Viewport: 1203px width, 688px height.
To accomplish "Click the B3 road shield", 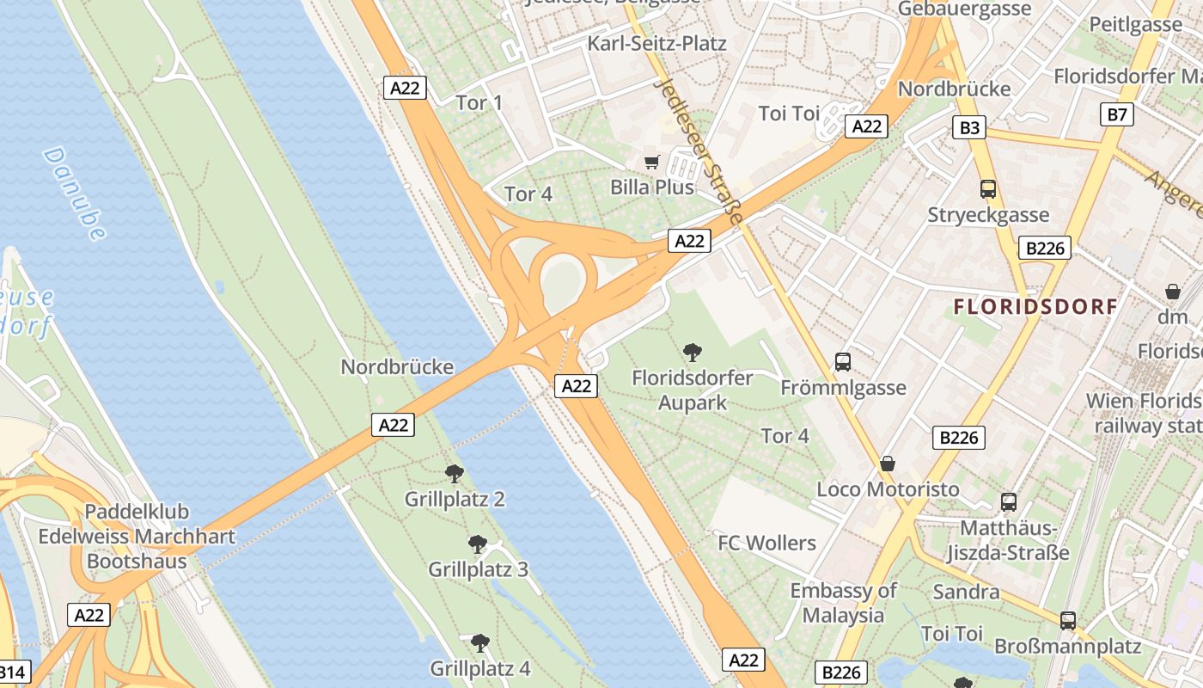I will [x=969, y=128].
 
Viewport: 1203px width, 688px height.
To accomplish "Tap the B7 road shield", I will [x=1116, y=114].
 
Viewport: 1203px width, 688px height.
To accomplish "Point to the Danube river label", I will [x=74, y=193].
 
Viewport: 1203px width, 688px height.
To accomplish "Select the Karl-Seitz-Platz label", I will [x=656, y=43].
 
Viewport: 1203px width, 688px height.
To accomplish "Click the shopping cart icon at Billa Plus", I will [x=652, y=162].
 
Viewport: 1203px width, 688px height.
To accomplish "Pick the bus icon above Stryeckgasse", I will [x=987, y=189].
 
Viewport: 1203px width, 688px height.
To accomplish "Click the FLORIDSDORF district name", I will [x=1036, y=306].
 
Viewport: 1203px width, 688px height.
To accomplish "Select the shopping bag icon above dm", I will [x=1173, y=292].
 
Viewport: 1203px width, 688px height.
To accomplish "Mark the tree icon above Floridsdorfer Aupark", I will [x=692, y=352].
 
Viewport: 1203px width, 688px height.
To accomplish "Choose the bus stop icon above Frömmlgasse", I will [x=842, y=362].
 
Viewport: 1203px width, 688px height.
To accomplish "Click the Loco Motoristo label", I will [x=888, y=489].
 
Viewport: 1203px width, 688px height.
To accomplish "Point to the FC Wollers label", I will [x=766, y=543].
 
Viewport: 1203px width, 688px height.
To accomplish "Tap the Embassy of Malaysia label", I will [x=843, y=603].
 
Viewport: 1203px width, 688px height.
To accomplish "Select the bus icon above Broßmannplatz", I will [x=1067, y=620].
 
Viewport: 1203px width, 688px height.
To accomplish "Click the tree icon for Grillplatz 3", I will [x=478, y=544].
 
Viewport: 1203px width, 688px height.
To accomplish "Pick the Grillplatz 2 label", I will [x=455, y=499].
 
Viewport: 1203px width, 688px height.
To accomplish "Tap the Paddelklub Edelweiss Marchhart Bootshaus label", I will [x=137, y=537].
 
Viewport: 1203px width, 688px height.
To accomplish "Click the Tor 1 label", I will [x=479, y=103].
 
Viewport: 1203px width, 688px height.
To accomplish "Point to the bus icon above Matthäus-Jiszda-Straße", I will [x=1008, y=501].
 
